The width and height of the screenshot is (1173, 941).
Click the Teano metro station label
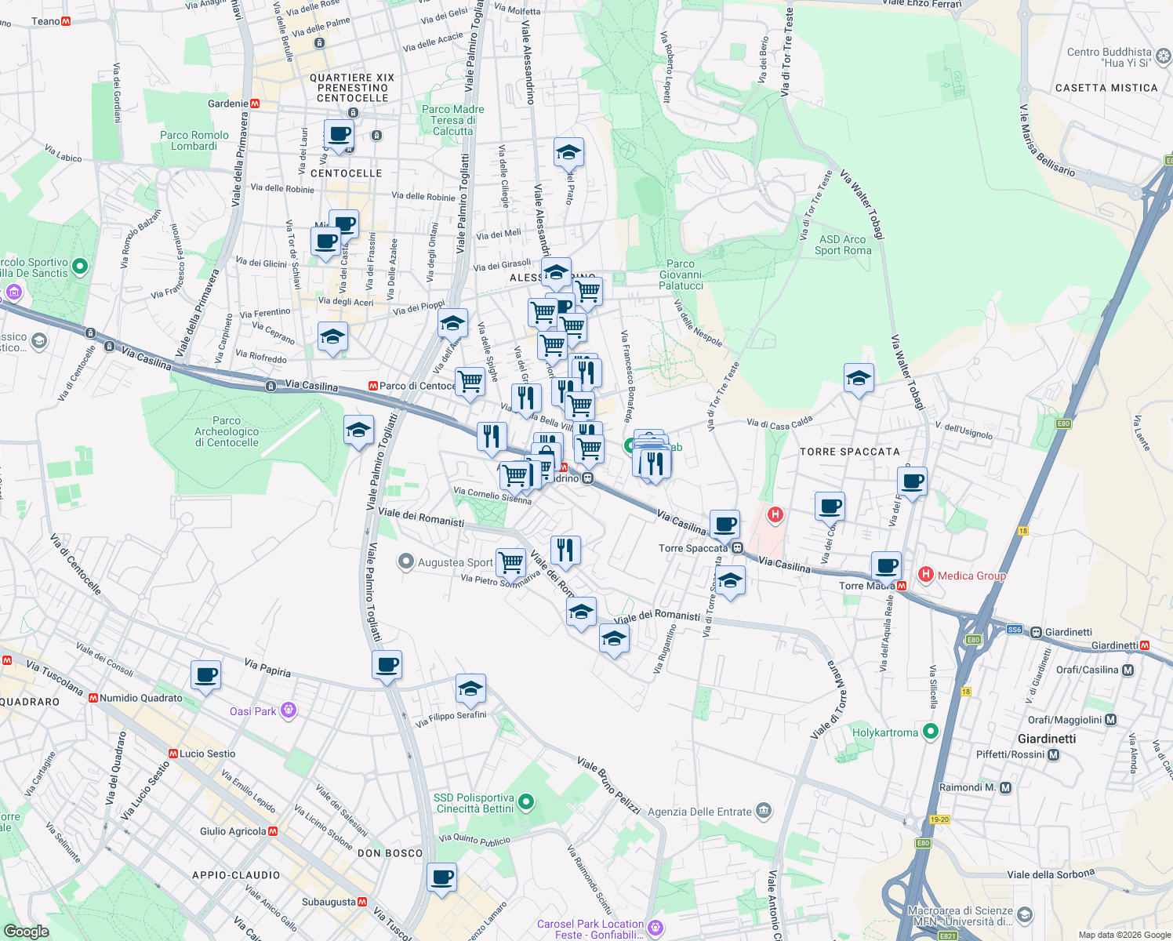(x=45, y=21)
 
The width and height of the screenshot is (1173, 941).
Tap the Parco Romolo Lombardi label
(x=194, y=140)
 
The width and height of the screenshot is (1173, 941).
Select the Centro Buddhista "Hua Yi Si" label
(x=1109, y=57)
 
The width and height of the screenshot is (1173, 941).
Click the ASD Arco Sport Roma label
(x=843, y=245)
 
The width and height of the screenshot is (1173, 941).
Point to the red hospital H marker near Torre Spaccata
(x=775, y=514)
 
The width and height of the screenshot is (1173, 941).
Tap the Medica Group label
(x=971, y=576)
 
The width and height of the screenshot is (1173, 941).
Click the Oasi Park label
(x=253, y=711)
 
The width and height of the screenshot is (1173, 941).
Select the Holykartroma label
(x=885, y=732)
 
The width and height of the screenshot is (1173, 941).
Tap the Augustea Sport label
(x=455, y=562)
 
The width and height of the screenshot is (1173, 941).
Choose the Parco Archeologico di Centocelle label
(x=227, y=431)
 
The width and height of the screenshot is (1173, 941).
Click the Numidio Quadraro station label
(x=140, y=698)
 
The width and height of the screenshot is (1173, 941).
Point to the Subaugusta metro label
(x=329, y=902)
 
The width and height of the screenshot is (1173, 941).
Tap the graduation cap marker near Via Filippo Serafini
(x=470, y=689)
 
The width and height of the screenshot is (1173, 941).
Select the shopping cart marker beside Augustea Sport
(x=510, y=562)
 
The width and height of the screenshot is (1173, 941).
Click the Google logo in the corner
(x=26, y=932)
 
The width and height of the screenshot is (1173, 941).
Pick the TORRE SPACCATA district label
(x=849, y=452)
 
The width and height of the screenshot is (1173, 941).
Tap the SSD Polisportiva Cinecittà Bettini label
(x=475, y=803)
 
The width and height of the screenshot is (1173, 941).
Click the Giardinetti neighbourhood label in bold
(x=1047, y=739)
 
